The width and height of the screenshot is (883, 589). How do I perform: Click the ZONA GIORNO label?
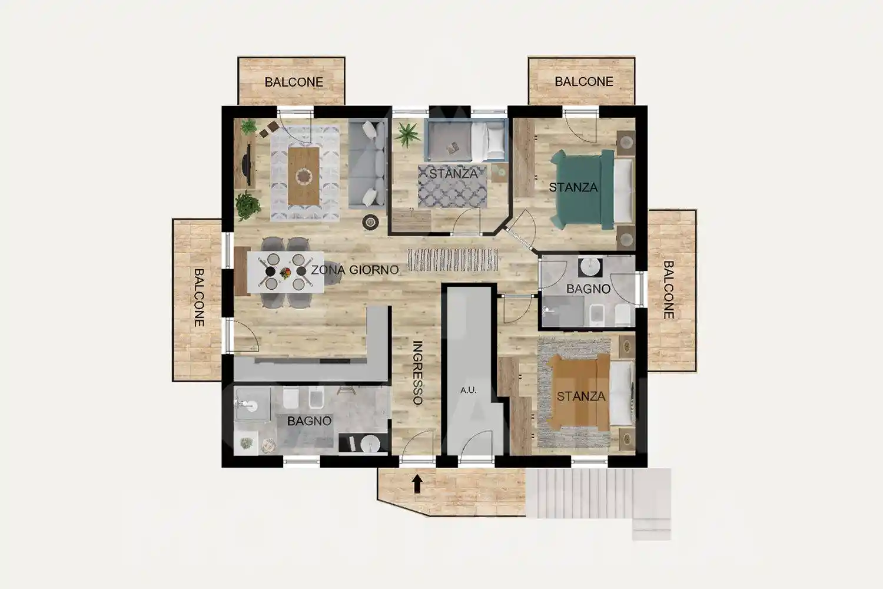tap(355, 270)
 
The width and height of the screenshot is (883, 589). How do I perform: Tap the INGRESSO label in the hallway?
tap(417, 373)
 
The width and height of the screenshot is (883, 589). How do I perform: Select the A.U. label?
tap(469, 390)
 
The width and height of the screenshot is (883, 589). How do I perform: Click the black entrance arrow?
tap(417, 484)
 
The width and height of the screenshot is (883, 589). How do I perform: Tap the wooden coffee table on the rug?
tap(304, 176)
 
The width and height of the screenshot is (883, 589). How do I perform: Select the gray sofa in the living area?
tap(367, 163)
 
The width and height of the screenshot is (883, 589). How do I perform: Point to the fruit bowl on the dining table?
tap(285, 272)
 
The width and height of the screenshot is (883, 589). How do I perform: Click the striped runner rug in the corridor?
tap(453, 260)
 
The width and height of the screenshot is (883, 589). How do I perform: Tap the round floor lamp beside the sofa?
tap(370, 222)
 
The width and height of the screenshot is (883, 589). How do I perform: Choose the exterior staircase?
tap(599, 497)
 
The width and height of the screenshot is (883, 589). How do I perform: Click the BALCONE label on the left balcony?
tap(199, 297)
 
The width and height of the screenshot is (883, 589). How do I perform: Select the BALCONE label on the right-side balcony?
tap(669, 290)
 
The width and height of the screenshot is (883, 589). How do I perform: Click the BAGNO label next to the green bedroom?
tap(588, 289)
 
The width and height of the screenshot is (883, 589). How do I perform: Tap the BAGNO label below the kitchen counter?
tap(309, 421)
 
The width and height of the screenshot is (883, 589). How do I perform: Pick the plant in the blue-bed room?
tap(407, 134)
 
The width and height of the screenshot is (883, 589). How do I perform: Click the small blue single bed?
tap(466, 140)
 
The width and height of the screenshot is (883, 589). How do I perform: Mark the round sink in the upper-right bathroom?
tap(590, 267)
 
